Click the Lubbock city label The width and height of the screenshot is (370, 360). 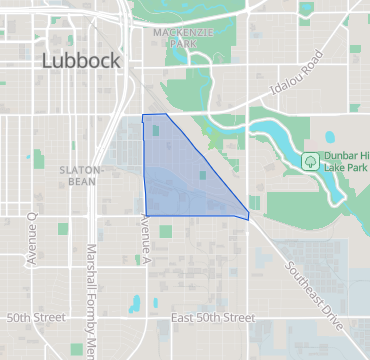click(81, 61)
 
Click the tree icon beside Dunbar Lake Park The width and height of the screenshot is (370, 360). click(311, 160)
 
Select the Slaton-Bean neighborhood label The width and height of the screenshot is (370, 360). click(77, 175)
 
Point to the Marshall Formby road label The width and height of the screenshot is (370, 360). click(90, 300)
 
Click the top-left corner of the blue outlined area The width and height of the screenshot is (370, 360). click(143, 116)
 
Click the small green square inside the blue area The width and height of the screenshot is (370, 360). click(202, 176)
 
